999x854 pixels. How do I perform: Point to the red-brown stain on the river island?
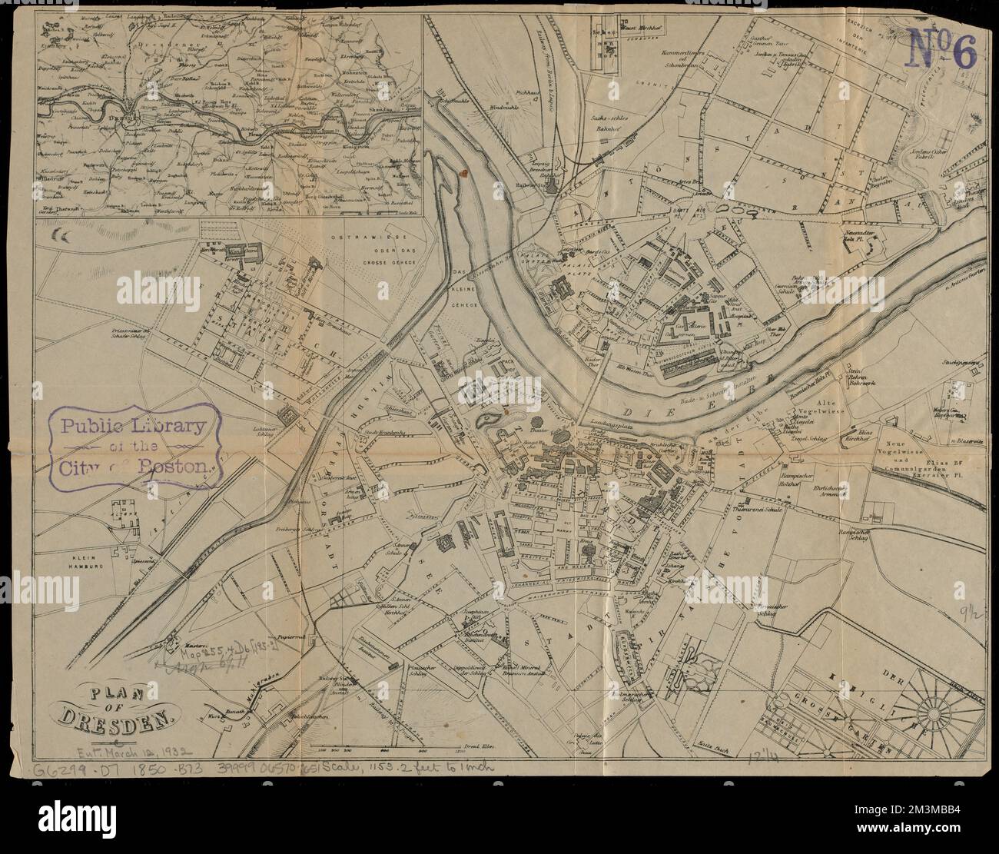465,174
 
